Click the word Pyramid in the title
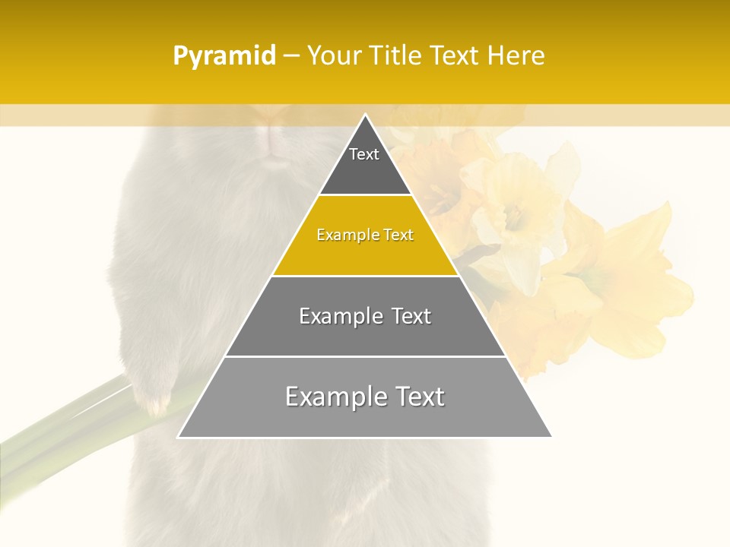224,56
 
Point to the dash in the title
291,56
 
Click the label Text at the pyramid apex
364,154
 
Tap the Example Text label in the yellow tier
365,235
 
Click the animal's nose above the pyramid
274,137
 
